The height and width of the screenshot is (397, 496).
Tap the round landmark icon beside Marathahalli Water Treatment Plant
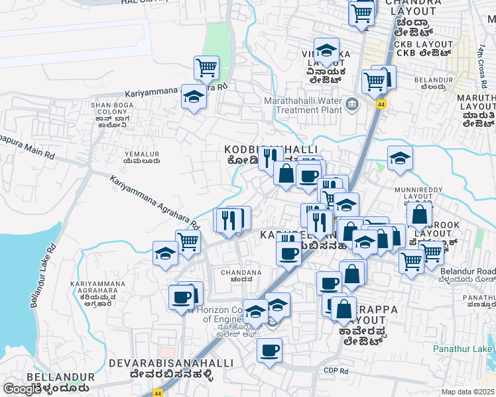[352, 103]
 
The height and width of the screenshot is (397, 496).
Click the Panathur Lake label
[464, 349]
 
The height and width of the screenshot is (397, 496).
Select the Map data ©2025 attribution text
[467, 392]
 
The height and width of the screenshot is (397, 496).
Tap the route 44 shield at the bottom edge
[158, 392]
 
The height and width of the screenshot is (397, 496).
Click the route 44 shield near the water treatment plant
[381, 105]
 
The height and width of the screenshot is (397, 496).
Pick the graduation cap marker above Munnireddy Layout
[400, 159]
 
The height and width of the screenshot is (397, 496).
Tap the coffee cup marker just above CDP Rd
[269, 351]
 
